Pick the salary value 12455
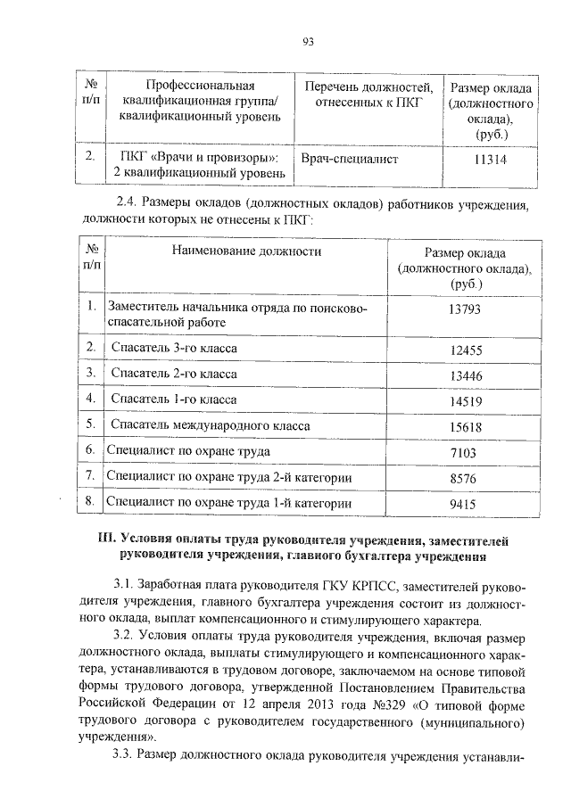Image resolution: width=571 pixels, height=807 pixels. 466,349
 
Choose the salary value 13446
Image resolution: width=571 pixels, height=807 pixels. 466,375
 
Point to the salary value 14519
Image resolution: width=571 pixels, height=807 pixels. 466,401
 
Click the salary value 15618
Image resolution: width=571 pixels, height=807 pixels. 466,427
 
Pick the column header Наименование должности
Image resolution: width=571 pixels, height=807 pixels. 249,251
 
